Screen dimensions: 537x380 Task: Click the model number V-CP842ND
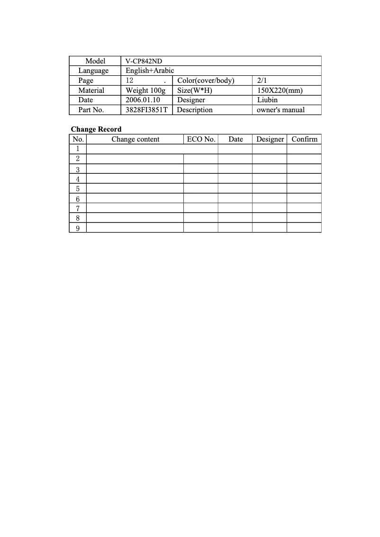pos(144,61)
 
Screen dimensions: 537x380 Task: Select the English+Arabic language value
pos(150,71)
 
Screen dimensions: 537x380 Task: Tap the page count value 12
pos(130,81)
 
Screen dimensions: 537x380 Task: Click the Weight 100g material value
pos(145,90)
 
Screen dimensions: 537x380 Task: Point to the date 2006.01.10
pos(143,100)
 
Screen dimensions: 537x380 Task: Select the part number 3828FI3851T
pos(146,110)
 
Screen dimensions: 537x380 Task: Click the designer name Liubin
pos(267,100)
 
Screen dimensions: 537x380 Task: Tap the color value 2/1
pos(262,81)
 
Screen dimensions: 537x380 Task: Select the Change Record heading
pos(96,129)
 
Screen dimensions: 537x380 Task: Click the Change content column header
pos(136,139)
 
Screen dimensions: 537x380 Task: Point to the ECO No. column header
pos(201,139)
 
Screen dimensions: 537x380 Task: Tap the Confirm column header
pos(304,139)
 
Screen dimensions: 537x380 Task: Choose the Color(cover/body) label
pos(206,81)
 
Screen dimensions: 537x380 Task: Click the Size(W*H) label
pos(194,90)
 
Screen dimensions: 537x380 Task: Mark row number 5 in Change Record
pos(78,189)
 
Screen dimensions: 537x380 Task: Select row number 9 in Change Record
pos(78,228)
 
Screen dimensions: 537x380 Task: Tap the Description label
pos(195,110)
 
